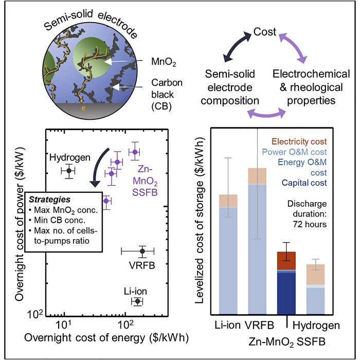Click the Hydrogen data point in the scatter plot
[68, 170]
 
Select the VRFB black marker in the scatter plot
[142, 251]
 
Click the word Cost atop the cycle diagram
[265, 32]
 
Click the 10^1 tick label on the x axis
[63, 325]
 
